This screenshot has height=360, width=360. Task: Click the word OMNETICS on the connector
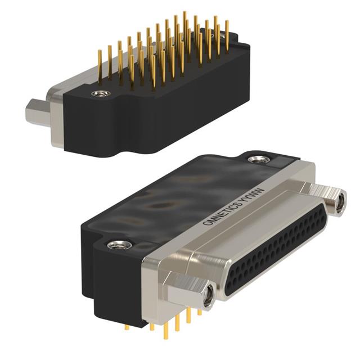[222, 213]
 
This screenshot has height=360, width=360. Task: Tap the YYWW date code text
[253, 195]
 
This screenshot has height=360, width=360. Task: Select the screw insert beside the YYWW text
[259, 159]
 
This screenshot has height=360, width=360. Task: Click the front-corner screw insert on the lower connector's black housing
[119, 245]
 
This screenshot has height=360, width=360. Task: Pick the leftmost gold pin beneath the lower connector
[127, 327]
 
